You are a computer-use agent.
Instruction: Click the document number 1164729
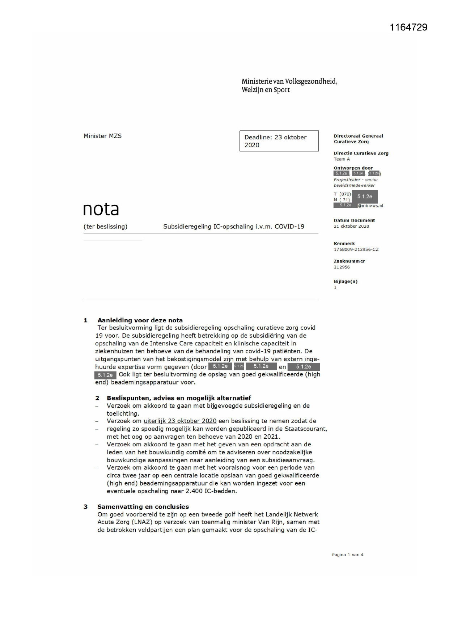[x=408, y=28]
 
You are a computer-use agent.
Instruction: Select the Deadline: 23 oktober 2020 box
[x=279, y=141]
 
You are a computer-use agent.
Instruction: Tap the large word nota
[x=101, y=209]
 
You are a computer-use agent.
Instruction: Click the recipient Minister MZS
[x=102, y=136]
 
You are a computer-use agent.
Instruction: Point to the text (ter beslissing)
[x=105, y=227]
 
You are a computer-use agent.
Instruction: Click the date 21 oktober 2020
[x=351, y=226]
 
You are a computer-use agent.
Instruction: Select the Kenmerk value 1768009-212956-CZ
[x=356, y=249]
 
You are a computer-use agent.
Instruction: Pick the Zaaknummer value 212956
[x=342, y=267]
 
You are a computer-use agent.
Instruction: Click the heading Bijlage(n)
[x=345, y=281]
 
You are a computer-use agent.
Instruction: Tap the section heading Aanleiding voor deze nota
[x=140, y=320]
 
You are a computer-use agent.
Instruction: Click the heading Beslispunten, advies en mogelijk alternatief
[x=178, y=398]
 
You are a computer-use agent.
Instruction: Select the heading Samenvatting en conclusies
[x=143, y=506]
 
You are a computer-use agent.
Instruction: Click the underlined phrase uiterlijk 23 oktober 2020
[x=180, y=421]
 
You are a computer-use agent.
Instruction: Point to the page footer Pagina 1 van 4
[x=347, y=555]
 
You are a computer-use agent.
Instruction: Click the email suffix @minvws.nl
[x=370, y=206]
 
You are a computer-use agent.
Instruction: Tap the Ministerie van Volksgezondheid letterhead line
[x=289, y=81]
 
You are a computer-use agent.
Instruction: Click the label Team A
[x=342, y=159]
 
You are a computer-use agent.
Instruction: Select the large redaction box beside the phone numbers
[x=364, y=197]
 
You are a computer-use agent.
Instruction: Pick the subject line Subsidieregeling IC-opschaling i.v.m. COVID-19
[x=233, y=227]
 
